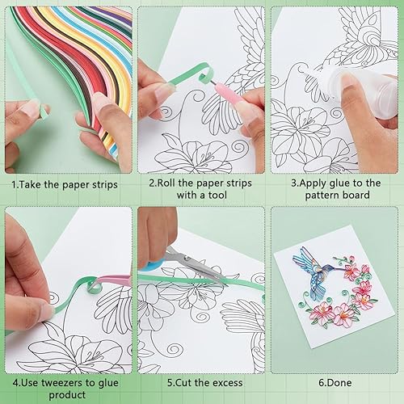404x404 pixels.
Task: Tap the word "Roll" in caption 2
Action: (166, 183)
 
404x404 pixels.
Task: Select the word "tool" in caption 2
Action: (217, 195)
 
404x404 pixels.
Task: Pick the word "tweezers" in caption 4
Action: (62, 383)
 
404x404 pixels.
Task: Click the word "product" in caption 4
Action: (67, 395)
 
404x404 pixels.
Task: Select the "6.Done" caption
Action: (335, 383)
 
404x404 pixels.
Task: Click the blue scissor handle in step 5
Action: (151, 265)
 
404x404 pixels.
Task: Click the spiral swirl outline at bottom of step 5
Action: (175, 351)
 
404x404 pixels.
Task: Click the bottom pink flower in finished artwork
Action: (343, 314)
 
